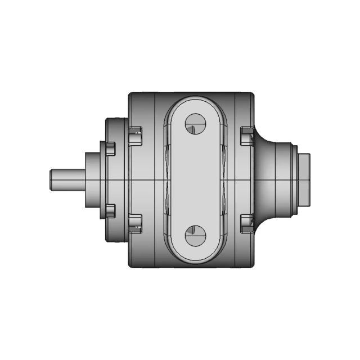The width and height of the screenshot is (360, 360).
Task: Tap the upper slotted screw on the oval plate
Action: (x=196, y=123)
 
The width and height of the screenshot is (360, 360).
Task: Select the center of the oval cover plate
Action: (x=196, y=179)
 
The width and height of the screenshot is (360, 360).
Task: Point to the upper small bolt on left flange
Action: (x=109, y=148)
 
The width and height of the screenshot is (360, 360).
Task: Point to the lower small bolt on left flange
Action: (x=109, y=211)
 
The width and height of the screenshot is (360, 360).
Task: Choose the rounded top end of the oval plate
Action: (x=196, y=104)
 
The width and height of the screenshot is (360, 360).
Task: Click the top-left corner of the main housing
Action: (x=130, y=94)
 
